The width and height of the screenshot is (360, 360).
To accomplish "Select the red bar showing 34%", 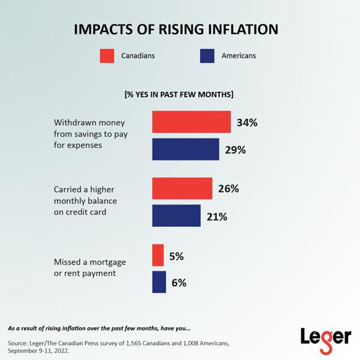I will tap(191, 122).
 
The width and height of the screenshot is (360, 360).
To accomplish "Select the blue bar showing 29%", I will tap(185, 149).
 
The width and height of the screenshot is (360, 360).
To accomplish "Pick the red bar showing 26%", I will tap(182, 188).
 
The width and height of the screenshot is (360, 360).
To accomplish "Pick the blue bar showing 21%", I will tap(176, 216).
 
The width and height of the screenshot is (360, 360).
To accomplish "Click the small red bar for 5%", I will tap(158, 255).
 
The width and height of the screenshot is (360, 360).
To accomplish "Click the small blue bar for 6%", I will tap(159, 282).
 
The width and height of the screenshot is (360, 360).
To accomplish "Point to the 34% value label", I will tap(247, 123).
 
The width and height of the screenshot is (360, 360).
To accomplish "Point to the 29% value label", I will tap(235, 150).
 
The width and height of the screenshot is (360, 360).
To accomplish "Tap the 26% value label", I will tap(228, 188).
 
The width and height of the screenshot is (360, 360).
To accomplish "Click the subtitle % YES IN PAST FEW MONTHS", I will tap(179, 94).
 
